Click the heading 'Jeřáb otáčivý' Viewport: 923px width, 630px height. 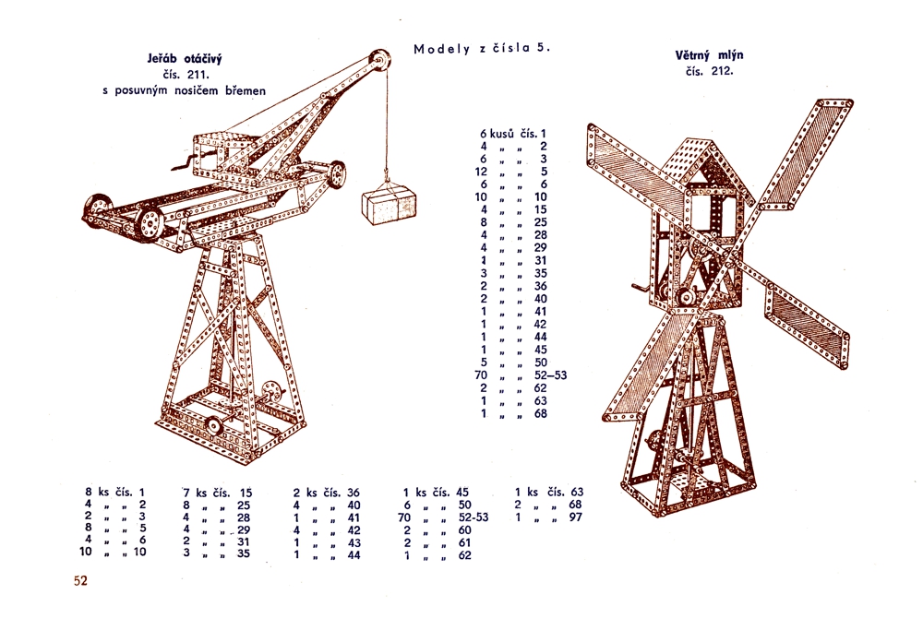point(185,59)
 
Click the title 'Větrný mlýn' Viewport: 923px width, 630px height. point(709,55)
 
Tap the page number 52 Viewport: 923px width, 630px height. point(80,580)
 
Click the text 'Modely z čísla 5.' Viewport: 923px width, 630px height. point(482,48)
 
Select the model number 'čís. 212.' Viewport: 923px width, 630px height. point(709,71)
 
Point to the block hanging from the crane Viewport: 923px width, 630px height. point(390,205)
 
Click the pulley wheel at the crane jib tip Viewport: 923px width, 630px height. point(379,62)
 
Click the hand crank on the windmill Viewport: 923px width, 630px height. point(641,289)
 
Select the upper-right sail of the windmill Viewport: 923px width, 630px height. point(807,153)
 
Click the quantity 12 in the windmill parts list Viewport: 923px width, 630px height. point(482,172)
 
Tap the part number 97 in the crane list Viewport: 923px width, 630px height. point(575,517)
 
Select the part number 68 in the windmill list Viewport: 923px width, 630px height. point(540,413)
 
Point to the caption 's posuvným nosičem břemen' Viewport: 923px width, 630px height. point(185,90)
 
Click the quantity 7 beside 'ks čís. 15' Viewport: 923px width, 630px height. point(186,493)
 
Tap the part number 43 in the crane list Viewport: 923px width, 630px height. point(354,542)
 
